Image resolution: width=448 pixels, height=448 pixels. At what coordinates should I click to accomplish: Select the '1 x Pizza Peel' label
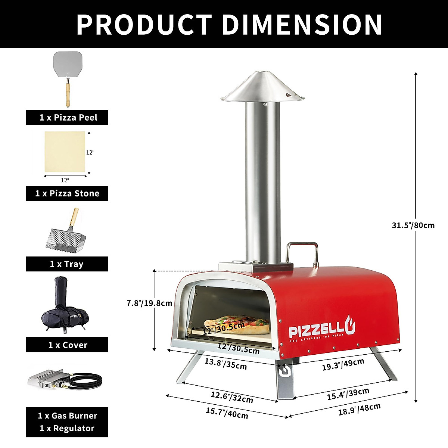point(67,118)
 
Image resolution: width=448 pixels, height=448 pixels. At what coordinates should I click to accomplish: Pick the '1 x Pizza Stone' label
point(67,193)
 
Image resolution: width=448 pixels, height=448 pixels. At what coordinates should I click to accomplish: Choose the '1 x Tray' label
point(67,264)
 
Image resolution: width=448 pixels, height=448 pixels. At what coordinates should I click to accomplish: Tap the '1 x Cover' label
point(67,345)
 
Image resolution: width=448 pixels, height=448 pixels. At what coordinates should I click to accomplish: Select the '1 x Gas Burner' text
point(67,416)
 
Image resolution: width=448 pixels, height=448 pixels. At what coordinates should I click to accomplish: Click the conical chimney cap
point(262,88)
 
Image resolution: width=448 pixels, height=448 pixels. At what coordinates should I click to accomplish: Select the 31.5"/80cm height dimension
point(413,225)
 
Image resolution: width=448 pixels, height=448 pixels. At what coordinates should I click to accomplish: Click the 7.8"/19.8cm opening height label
point(149,303)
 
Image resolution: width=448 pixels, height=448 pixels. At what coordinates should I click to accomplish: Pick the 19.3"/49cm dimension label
point(343,364)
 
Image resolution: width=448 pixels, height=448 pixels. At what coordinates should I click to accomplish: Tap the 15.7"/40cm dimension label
point(227,413)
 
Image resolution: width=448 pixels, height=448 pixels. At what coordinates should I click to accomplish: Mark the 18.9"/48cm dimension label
point(359,409)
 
